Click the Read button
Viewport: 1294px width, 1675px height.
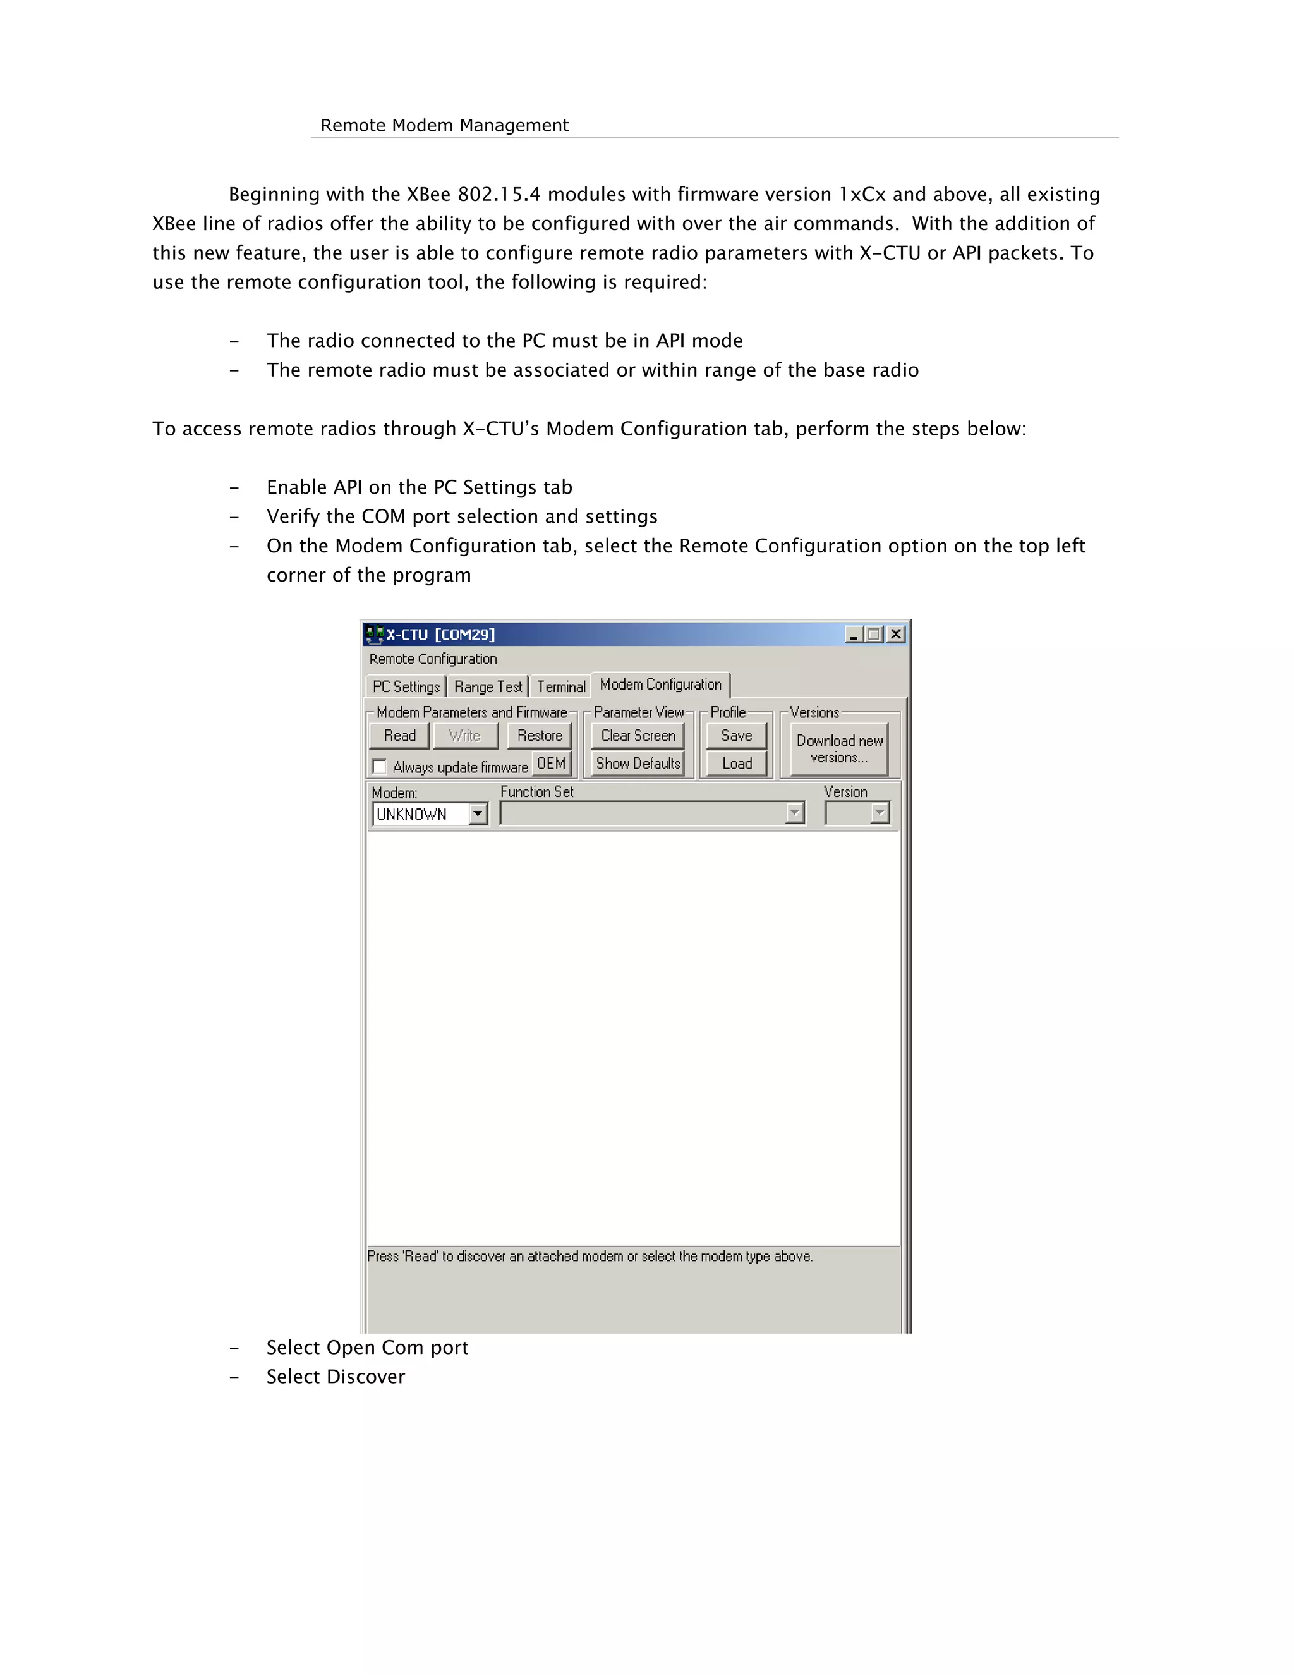pyautogui.click(x=399, y=736)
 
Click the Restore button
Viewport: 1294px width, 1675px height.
pyautogui.click(x=540, y=736)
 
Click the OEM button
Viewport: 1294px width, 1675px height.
pyautogui.click(x=551, y=764)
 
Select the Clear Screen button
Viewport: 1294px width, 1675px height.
pyautogui.click(x=638, y=736)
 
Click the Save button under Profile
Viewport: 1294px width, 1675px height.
pyautogui.click(x=736, y=736)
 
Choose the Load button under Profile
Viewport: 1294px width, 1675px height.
pyautogui.click(x=736, y=764)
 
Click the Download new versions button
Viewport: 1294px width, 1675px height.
pyautogui.click(x=840, y=748)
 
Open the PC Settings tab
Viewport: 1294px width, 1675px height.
pyautogui.click(x=406, y=686)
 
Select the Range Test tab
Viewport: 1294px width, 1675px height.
pyautogui.click(x=488, y=686)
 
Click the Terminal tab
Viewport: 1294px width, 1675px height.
pyautogui.click(x=560, y=686)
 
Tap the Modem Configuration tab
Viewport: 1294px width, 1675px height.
pyautogui.click(x=660, y=684)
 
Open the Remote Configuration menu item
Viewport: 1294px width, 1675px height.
pyautogui.click(x=433, y=659)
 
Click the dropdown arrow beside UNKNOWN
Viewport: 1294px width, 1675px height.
pyautogui.click(x=478, y=813)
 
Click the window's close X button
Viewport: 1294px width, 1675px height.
pyautogui.click(x=895, y=634)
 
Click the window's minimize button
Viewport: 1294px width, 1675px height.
pyautogui.click(x=853, y=634)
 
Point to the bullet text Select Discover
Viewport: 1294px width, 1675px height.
pyautogui.click(x=336, y=1377)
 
